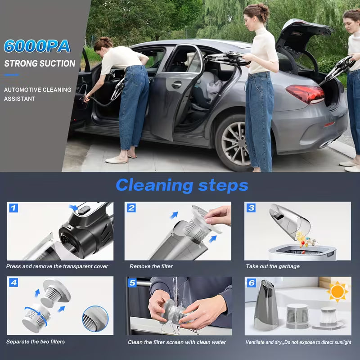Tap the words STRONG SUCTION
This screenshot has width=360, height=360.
[40, 63]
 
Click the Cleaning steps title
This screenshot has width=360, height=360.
[182, 185]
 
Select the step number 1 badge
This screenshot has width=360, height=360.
[13, 207]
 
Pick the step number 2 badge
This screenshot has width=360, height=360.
[131, 207]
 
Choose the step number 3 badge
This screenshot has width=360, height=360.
[251, 207]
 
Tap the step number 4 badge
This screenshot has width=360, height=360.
[13, 283]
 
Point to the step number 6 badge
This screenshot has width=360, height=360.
[251, 283]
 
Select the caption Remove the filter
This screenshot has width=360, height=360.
[151, 266]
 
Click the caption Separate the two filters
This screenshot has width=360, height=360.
[36, 342]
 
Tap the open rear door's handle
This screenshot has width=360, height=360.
[176, 85]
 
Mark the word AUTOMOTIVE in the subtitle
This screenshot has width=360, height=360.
[21, 90]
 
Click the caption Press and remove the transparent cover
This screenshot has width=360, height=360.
[57, 266]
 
